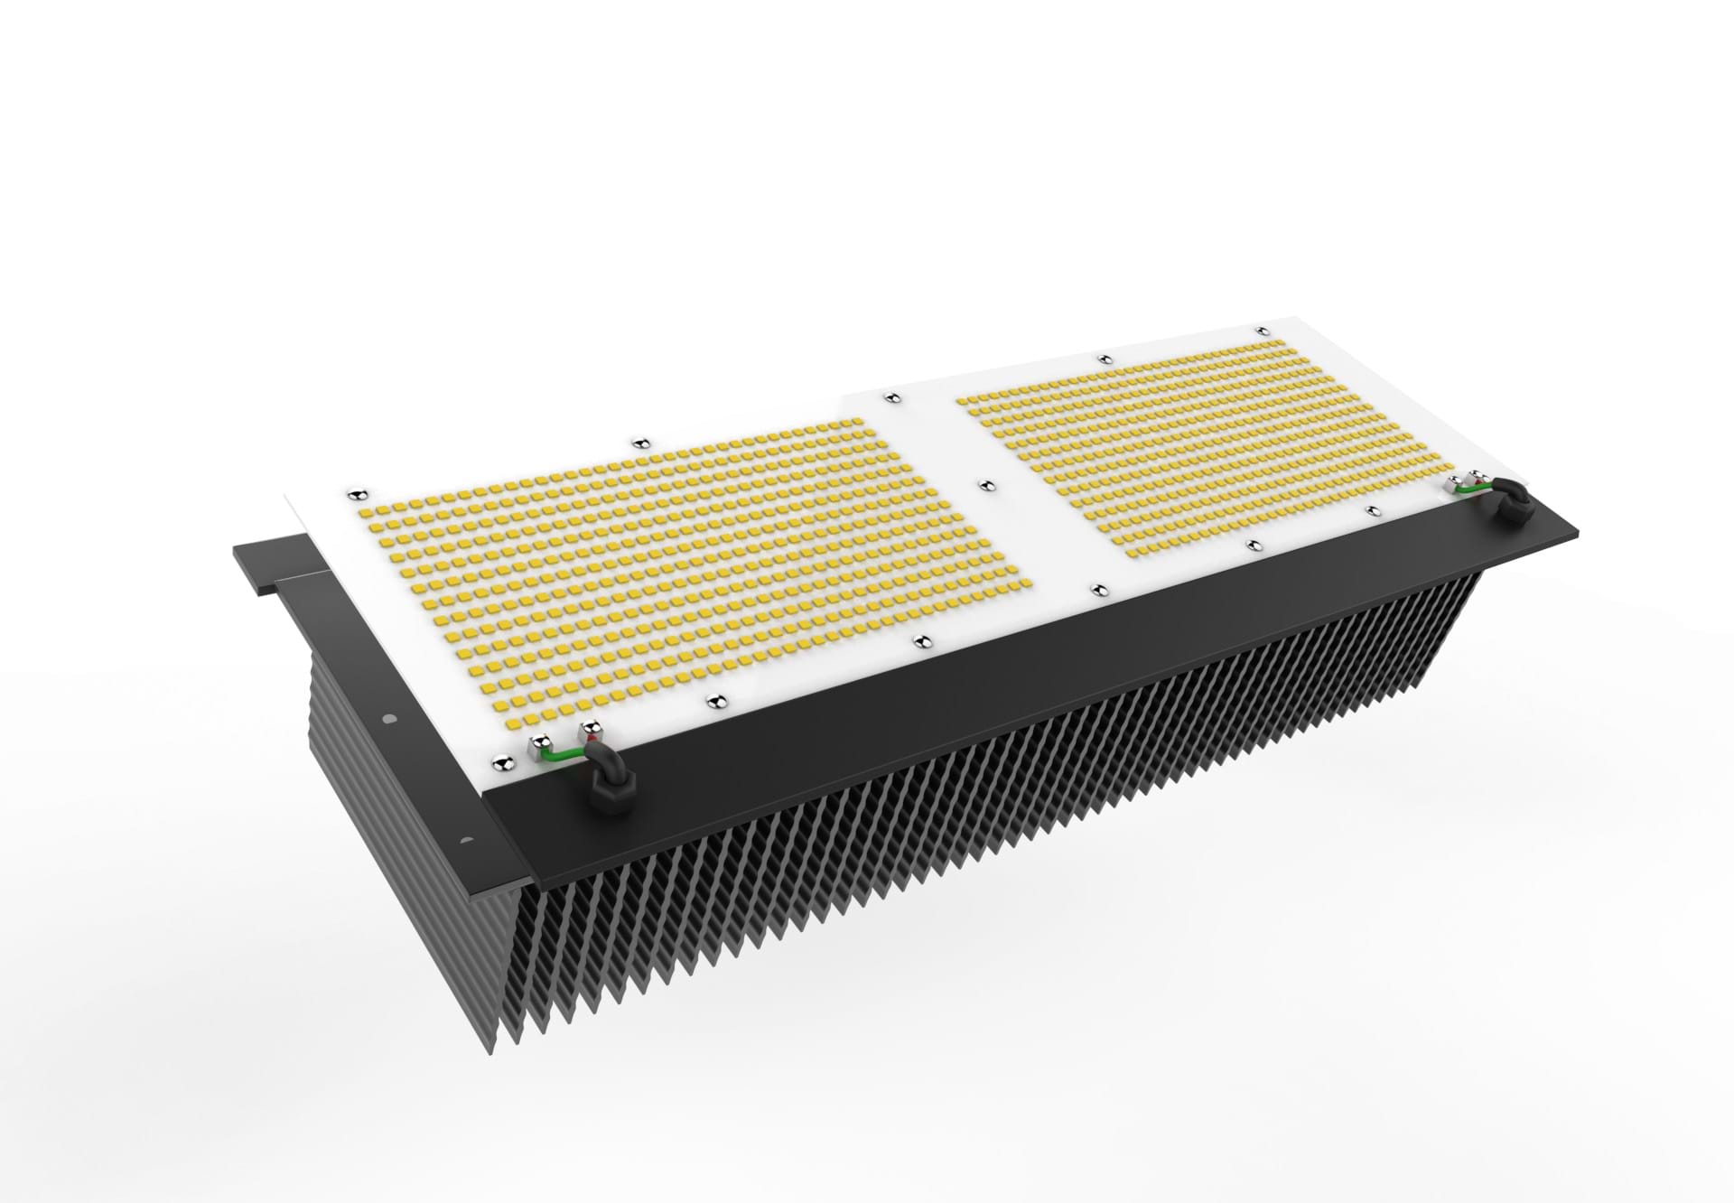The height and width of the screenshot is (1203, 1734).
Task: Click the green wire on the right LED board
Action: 1473,489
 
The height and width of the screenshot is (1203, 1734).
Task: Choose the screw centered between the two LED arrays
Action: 987,485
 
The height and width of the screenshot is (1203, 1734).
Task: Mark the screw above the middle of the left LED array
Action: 640,442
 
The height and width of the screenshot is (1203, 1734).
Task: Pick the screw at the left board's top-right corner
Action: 890,396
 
